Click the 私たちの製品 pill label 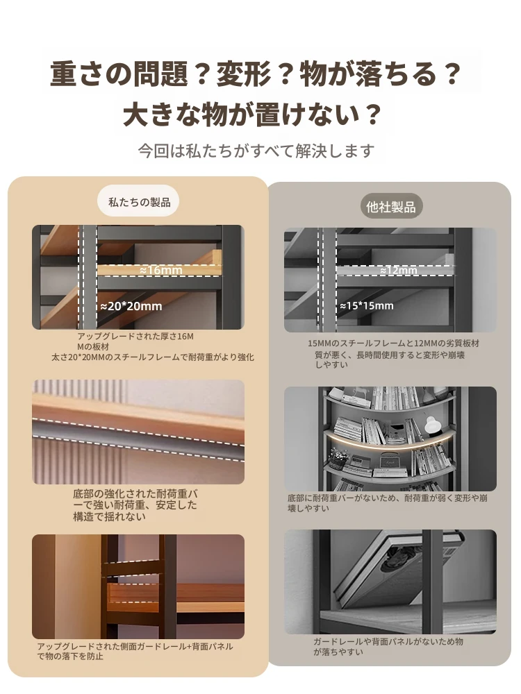click(139, 201)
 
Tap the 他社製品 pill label click(390, 206)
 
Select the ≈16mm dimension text click(161, 270)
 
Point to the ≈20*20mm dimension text click(131, 306)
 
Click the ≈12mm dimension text click(398, 270)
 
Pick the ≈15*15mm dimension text click(367, 306)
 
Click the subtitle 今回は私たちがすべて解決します click(256, 151)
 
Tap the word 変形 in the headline click(242, 74)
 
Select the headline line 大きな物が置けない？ click(252, 115)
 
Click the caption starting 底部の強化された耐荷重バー click(135, 505)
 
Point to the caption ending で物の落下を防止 click(135, 651)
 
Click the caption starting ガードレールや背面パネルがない click(388, 647)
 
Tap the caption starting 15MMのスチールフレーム click(393, 354)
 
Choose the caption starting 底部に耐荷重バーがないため click(387, 503)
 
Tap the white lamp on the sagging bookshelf click(433, 425)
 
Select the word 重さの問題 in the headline click(119, 74)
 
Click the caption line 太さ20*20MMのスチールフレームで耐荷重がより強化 click(153, 357)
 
